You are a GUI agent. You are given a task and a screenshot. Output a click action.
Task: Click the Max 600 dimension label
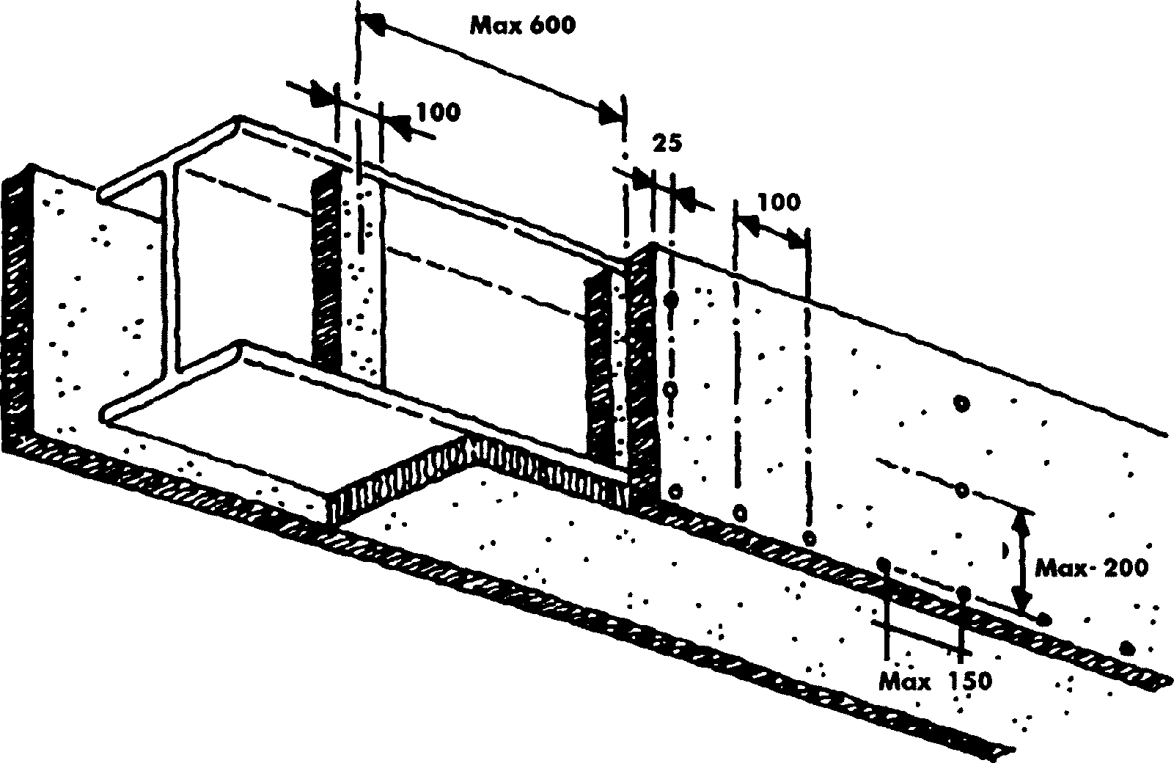point(523,26)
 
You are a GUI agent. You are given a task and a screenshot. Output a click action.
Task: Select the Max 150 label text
point(936,682)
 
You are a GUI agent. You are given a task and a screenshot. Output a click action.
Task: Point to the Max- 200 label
point(1091,568)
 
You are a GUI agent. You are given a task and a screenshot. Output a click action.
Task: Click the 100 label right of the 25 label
point(779,201)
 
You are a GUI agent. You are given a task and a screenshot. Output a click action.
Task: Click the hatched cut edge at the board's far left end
point(16,308)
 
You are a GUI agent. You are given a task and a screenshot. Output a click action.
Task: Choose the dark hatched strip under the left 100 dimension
point(326,271)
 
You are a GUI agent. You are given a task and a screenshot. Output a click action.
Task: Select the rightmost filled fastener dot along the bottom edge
point(1128,647)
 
